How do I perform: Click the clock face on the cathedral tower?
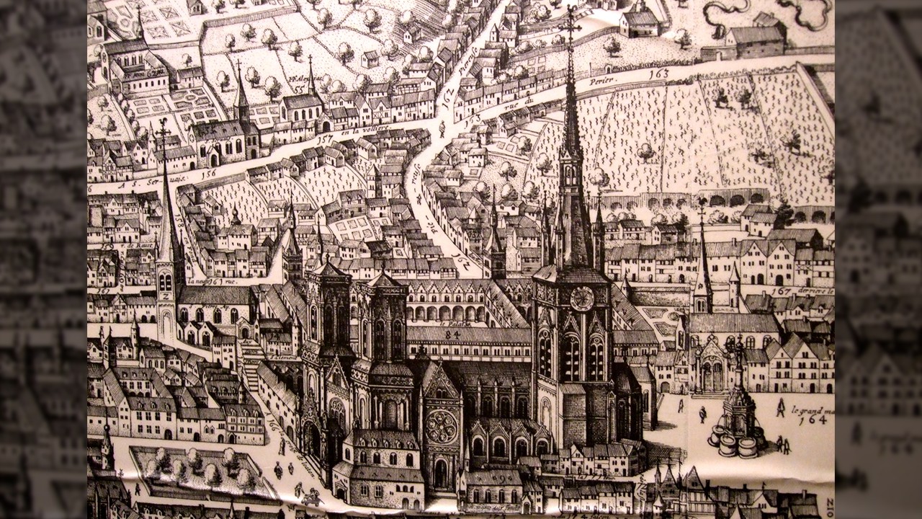(x=581, y=298)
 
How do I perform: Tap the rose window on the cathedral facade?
(x=441, y=427)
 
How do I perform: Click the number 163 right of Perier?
(x=658, y=74)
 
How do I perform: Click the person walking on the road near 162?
(x=442, y=130)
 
